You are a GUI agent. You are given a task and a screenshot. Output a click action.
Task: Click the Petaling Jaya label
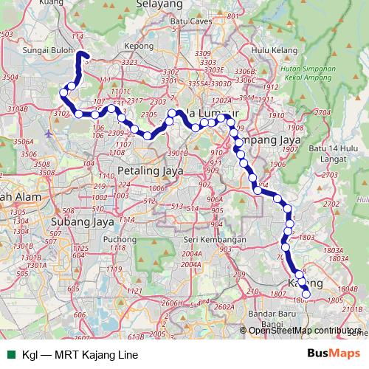[x=145, y=170]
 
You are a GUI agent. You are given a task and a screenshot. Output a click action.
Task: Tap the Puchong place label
[x=120, y=239]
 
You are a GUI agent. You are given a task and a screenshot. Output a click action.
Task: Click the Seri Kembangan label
[x=215, y=240]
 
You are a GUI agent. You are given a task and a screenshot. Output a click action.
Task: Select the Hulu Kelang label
[x=270, y=49]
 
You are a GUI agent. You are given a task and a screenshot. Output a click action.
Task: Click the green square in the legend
[x=10, y=354]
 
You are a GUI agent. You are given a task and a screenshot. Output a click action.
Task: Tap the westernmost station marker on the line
[x=64, y=92]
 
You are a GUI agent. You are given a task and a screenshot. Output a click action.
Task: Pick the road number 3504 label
[x=10, y=76]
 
